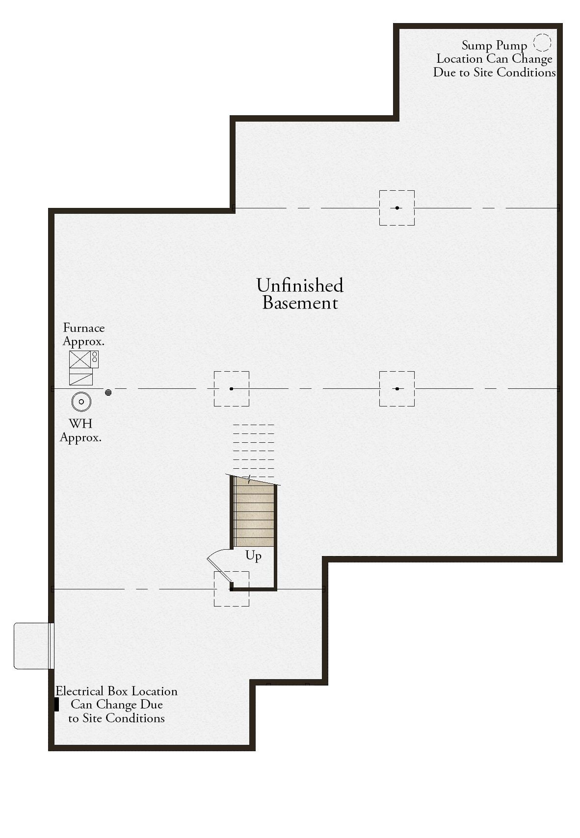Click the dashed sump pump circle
point(542,34)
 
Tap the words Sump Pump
point(494,46)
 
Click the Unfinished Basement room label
point(299,294)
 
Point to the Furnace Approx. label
point(83,334)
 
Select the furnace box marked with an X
point(80,359)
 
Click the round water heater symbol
point(81,402)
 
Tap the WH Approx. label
point(80,430)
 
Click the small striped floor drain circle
point(108,392)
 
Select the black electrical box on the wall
point(56,705)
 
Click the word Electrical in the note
point(79,691)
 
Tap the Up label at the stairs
point(253,556)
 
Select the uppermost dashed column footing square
point(397,208)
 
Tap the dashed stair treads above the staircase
point(254,451)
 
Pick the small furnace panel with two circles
point(95,359)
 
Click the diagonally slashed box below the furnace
point(81,377)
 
